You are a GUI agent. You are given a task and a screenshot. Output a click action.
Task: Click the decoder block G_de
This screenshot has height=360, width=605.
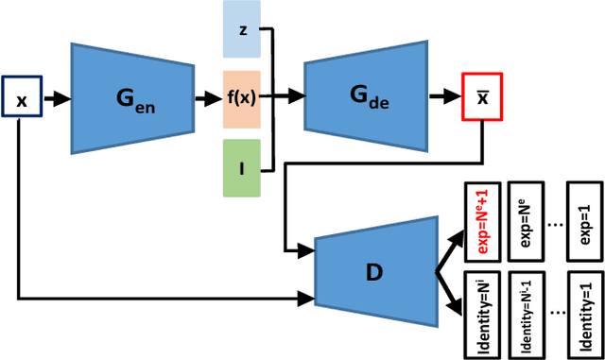click(x=363, y=97)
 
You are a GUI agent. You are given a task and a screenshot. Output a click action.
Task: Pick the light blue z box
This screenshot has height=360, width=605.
click(x=241, y=29)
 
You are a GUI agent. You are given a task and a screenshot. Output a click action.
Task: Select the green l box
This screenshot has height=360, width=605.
click(x=241, y=168)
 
